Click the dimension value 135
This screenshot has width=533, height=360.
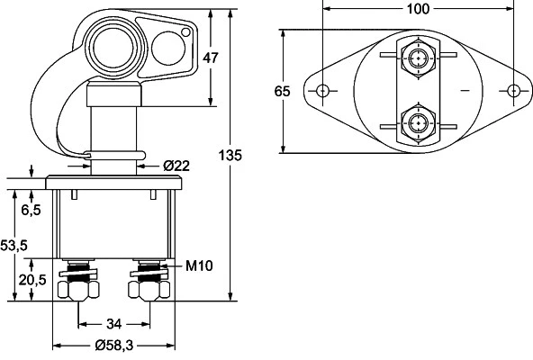click(230, 155)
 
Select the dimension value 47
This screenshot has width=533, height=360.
click(211, 58)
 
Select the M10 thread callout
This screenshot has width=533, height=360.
click(197, 265)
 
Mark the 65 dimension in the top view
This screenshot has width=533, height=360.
click(283, 91)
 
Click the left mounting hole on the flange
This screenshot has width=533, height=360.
click(323, 91)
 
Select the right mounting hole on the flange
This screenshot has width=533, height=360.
click(513, 91)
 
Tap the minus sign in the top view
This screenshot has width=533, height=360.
click(465, 92)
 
